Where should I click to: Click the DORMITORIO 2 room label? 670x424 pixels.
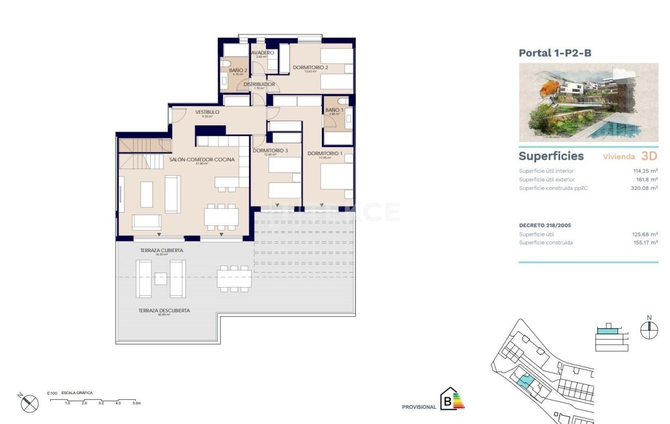pyautogui.click(x=310, y=68)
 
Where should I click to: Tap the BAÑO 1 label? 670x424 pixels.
pyautogui.click(x=334, y=110)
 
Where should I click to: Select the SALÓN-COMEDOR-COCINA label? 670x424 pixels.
pyautogui.click(x=202, y=159)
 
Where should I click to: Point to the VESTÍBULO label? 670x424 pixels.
pyautogui.click(x=207, y=112)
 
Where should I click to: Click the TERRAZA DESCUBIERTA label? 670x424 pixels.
pyautogui.click(x=164, y=311)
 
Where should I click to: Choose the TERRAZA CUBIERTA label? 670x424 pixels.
pyautogui.click(x=161, y=251)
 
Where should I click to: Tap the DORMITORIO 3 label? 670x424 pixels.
pyautogui.click(x=270, y=151)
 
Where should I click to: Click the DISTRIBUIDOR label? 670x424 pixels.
pyautogui.click(x=259, y=84)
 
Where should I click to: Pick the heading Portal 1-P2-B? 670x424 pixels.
pyautogui.click(x=555, y=53)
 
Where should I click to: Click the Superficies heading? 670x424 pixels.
pyautogui.click(x=551, y=156)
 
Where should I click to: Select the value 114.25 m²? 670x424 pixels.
pyautogui.click(x=645, y=171)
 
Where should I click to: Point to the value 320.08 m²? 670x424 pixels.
pyautogui.click(x=644, y=188)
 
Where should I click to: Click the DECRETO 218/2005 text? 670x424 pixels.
pyautogui.click(x=545, y=225)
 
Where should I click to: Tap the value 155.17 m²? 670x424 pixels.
pyautogui.click(x=644, y=243)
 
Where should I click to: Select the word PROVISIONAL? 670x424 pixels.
pyautogui.click(x=419, y=407)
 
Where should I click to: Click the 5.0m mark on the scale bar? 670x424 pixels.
pyautogui.click(x=136, y=403)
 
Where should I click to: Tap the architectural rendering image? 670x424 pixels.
pyautogui.click(x=588, y=102)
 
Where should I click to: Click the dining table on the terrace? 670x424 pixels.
pyautogui.click(x=234, y=278)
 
